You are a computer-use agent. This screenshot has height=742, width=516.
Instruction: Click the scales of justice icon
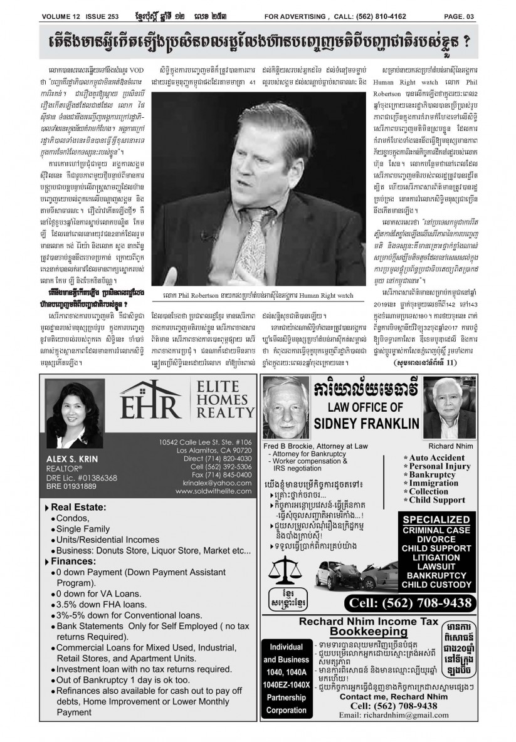pyautogui.click(x=284, y=572)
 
